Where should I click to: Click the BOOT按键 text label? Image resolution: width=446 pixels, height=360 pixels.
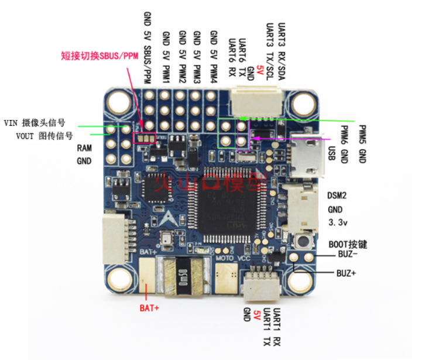[348, 244]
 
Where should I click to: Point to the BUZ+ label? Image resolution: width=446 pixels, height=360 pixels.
[346, 273]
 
